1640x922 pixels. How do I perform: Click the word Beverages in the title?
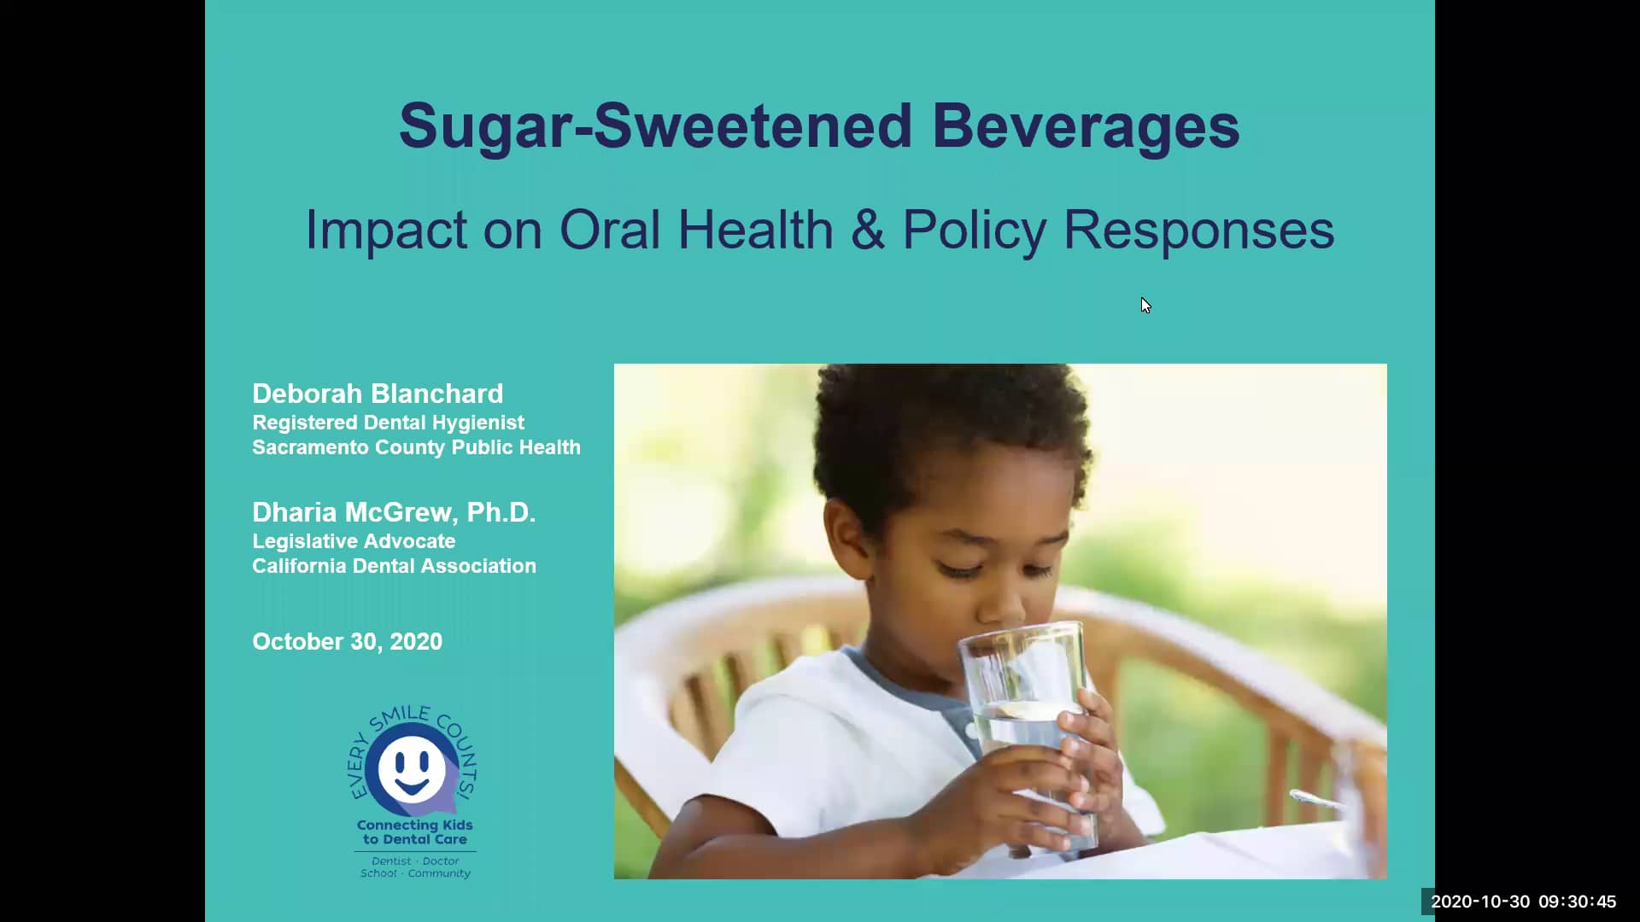1086,126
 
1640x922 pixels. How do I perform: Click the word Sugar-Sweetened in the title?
656,126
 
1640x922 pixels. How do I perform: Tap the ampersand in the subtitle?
868,230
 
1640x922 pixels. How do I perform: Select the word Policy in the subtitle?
974,230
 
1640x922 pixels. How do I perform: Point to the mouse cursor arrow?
1145,305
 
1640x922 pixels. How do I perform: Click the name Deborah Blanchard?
378,394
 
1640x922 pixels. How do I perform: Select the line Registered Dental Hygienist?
388,423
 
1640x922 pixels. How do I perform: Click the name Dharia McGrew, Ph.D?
394,512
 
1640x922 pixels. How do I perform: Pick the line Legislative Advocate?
354,541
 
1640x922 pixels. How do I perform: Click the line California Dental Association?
394,566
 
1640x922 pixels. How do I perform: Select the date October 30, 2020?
347,642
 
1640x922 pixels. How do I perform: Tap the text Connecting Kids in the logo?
415,825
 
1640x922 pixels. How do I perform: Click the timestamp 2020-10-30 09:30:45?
1524,902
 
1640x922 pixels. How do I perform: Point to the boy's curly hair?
948,435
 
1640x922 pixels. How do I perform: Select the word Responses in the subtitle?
1198,230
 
